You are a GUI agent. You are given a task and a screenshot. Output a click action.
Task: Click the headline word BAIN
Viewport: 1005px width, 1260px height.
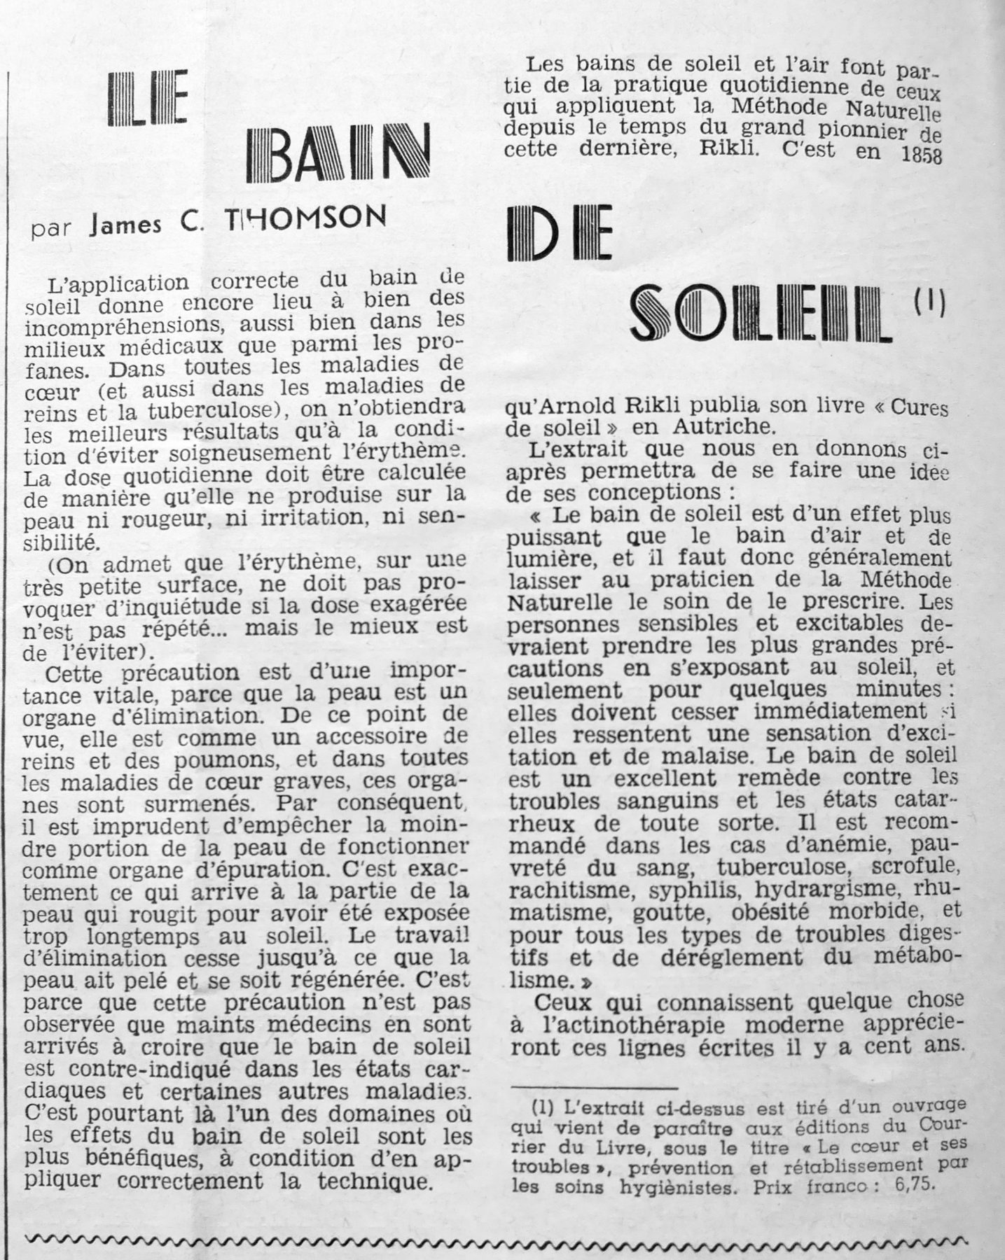coord(338,154)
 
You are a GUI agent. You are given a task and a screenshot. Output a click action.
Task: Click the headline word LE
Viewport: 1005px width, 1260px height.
coord(149,101)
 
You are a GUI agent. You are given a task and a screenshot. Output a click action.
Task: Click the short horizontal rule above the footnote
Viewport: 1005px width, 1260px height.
coord(595,1088)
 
